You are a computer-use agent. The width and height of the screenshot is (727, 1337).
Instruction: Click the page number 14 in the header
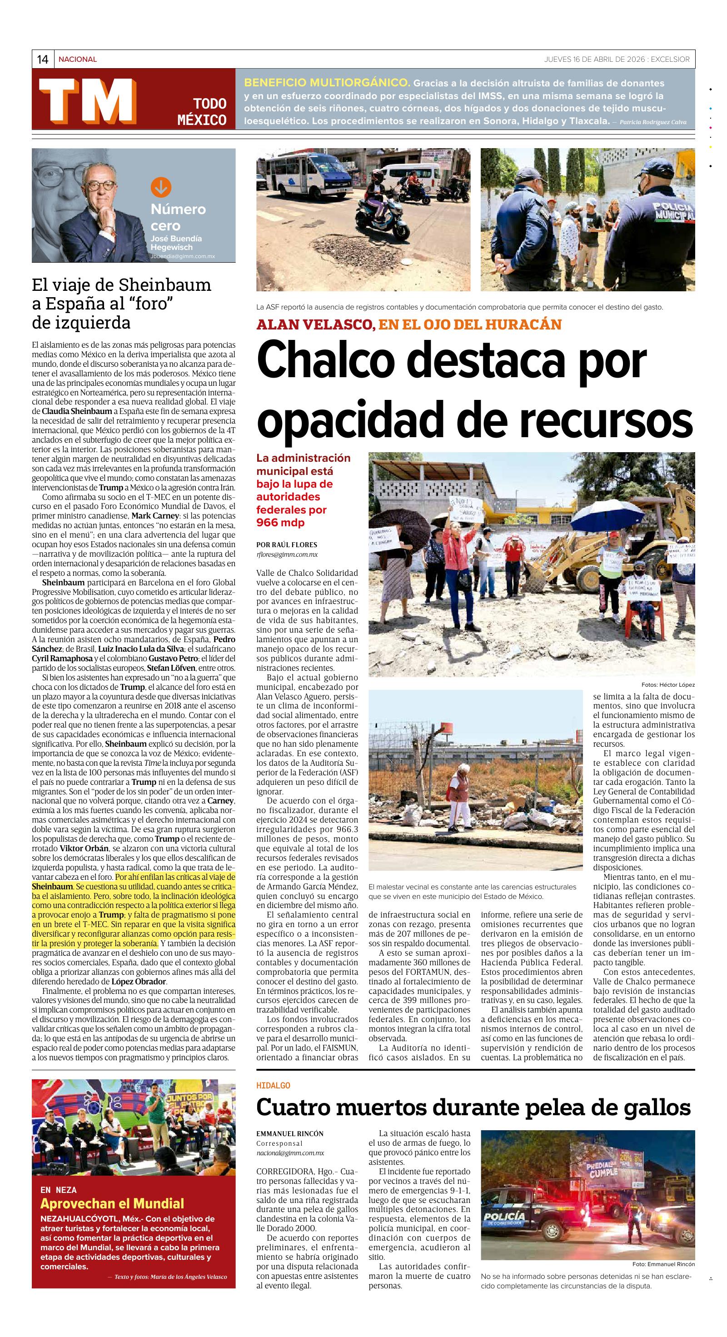pyautogui.click(x=43, y=60)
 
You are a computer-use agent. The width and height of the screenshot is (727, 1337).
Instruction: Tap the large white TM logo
pyautogui.click(x=88, y=101)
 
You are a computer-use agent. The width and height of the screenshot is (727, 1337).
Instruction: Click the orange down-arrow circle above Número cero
pyautogui.click(x=161, y=187)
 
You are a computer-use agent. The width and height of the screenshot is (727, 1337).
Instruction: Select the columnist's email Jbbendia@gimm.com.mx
pyautogui.click(x=182, y=256)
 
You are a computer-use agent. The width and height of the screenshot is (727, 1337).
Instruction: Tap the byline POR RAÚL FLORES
pyautogui.click(x=286, y=544)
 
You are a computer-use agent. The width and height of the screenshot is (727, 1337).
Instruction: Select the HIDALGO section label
pyautogui.click(x=273, y=1085)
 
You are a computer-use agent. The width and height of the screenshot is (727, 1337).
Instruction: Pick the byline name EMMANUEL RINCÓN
pyautogui.click(x=289, y=1133)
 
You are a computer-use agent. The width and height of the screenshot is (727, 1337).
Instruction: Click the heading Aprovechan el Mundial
pyautogui.click(x=112, y=1203)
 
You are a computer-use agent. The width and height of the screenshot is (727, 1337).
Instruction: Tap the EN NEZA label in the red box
pyautogui.click(x=58, y=1190)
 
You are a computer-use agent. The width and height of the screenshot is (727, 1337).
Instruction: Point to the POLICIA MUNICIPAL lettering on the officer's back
pyautogui.click(x=673, y=211)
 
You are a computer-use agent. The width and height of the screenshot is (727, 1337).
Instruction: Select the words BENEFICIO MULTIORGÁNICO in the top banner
pyautogui.click(x=327, y=83)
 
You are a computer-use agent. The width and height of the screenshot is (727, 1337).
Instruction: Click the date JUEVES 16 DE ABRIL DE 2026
pyautogui.click(x=593, y=59)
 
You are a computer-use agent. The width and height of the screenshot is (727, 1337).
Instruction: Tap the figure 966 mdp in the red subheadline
pyautogui.click(x=280, y=522)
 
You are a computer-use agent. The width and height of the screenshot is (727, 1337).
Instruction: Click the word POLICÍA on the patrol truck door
pyautogui.click(x=504, y=1217)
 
